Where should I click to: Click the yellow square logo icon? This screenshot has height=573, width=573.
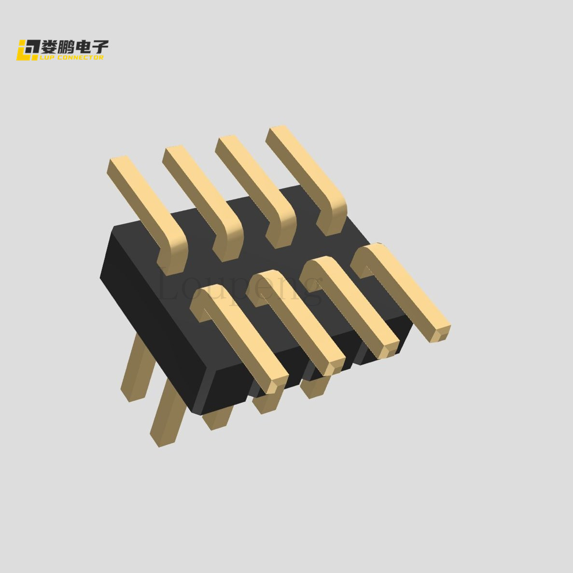(x=28, y=50)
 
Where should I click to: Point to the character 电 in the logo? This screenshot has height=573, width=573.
(x=83, y=47)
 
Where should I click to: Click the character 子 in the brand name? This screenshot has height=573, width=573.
(x=100, y=47)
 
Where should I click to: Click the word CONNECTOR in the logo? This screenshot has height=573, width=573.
(x=81, y=57)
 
